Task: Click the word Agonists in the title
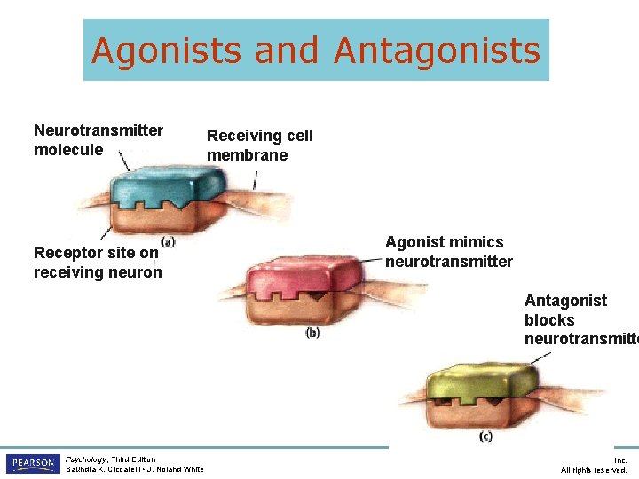tap(167, 51)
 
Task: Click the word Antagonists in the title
tap(437, 51)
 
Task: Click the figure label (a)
tap(168, 241)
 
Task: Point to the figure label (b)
tap(312, 333)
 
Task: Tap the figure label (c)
tap(485, 436)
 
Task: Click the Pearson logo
tap(32, 464)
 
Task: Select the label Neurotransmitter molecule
tap(98, 140)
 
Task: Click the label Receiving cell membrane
tap(259, 145)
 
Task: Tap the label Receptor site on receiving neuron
tap(98, 263)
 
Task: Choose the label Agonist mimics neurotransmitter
tap(448, 252)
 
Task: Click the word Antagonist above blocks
tap(565, 301)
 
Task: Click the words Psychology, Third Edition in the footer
tap(110, 459)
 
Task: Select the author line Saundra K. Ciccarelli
tap(134, 469)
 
